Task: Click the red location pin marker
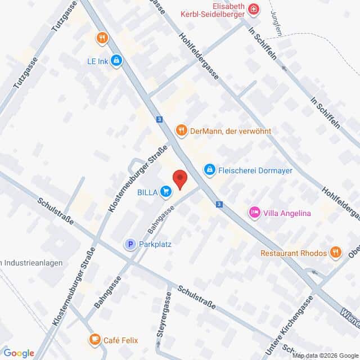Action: click(x=180, y=179)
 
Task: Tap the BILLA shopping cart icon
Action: click(x=165, y=192)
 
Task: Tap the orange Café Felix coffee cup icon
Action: click(x=94, y=340)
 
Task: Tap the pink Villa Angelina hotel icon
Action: click(x=254, y=213)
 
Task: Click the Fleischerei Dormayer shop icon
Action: click(x=209, y=169)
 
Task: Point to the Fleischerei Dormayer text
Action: click(x=256, y=169)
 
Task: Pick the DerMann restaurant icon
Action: click(x=181, y=131)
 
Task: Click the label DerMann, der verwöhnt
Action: click(x=231, y=131)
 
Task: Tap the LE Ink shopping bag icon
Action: click(x=116, y=60)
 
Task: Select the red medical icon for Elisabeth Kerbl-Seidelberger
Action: click(x=254, y=9)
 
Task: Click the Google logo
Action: click(x=19, y=353)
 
